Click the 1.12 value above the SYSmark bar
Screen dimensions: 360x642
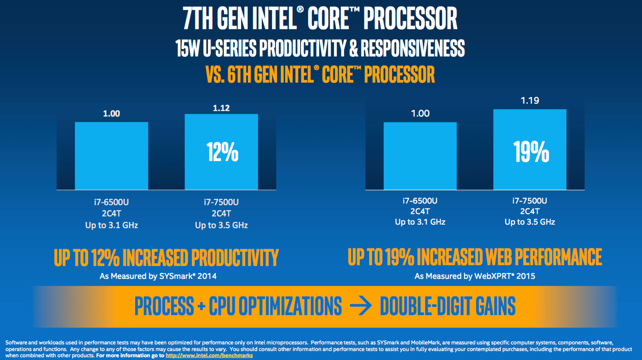pyautogui.click(x=221, y=108)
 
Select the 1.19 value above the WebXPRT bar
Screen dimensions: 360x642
pyautogui.click(x=530, y=101)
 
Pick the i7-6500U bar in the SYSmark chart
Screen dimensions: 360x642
pyautogui.click(x=112, y=156)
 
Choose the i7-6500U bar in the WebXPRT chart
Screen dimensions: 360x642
pyautogui.click(x=420, y=156)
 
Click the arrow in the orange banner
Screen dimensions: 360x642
pyautogui.click(x=361, y=306)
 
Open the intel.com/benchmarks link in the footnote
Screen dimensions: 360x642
pyautogui.click(x=209, y=355)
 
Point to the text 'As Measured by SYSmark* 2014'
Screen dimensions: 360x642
pyautogui.click(x=158, y=276)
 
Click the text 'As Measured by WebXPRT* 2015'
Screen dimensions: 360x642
pyautogui.click(x=475, y=276)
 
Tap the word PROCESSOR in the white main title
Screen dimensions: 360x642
pyautogui.click(x=410, y=18)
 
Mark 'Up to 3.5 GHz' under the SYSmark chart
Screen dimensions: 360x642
pyautogui.click(x=221, y=225)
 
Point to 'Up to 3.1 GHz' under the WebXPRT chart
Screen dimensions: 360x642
pyautogui.click(x=420, y=222)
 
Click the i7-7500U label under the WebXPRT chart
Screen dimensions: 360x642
pyautogui.click(x=530, y=201)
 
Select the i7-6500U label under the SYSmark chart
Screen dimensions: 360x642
pyautogui.click(x=112, y=202)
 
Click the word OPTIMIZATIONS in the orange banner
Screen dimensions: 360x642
pyautogui.click(x=290, y=306)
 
